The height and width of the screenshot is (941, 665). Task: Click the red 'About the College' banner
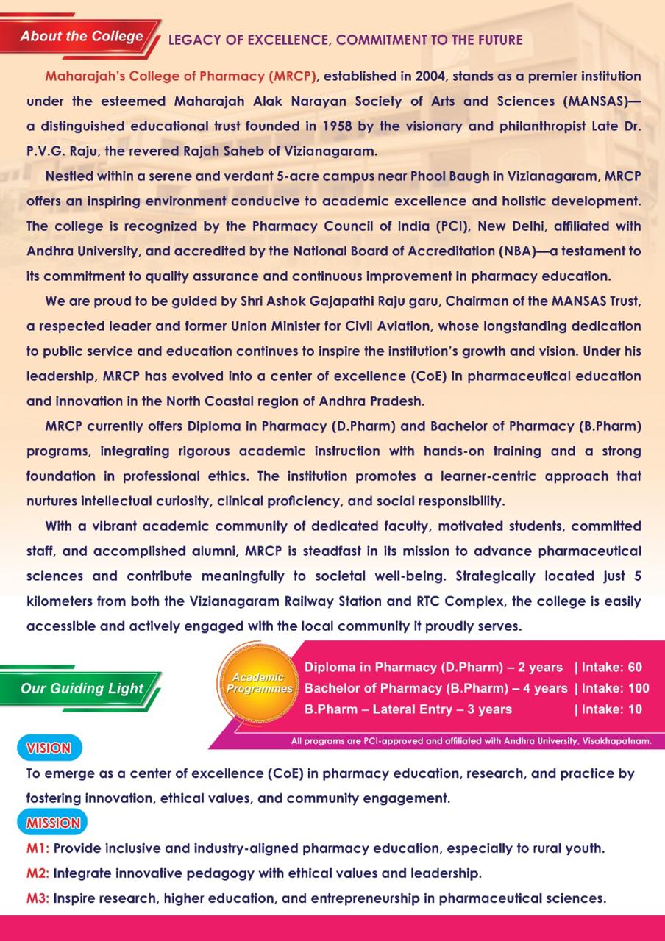click(81, 37)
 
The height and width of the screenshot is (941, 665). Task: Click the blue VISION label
click(49, 749)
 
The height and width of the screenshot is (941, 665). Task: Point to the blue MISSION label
click(53, 823)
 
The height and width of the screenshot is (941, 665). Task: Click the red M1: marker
click(38, 848)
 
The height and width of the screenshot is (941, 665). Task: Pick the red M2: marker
click(38, 873)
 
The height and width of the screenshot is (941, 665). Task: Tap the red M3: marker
click(38, 898)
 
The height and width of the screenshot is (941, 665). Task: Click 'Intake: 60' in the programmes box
click(612, 668)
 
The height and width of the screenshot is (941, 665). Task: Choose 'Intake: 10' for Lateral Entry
click(612, 709)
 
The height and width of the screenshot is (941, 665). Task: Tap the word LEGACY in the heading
click(192, 40)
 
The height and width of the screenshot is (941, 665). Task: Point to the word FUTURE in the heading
click(497, 40)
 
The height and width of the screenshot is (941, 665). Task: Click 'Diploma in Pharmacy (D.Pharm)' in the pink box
click(392, 668)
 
